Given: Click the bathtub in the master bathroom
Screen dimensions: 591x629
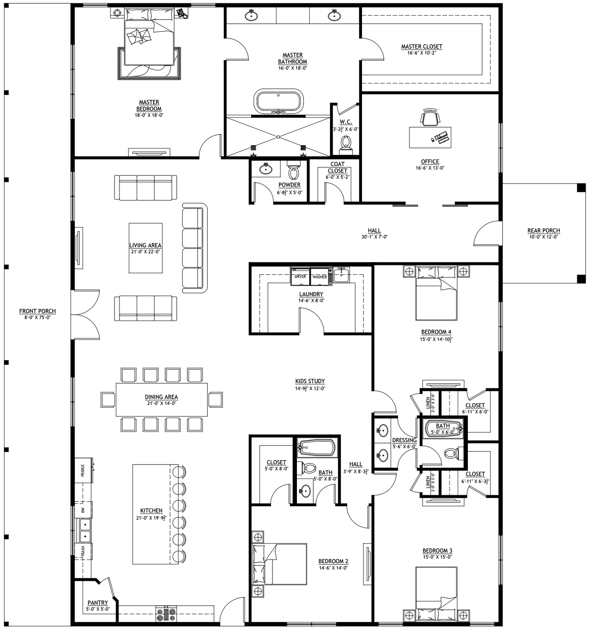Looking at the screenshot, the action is click(x=279, y=101).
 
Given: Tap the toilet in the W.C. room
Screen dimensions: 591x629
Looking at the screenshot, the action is click(x=346, y=144).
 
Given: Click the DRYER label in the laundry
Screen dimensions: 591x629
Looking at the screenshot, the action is click(x=300, y=277).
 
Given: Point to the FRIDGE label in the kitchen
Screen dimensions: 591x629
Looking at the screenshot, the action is click(x=83, y=470).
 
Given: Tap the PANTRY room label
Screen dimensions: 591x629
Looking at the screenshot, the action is click(x=98, y=602).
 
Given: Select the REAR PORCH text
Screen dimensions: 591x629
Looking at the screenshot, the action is click(x=544, y=231).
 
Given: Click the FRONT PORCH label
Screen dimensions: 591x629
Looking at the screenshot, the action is click(x=38, y=311).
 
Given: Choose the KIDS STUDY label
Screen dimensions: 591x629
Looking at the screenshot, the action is click(x=310, y=381).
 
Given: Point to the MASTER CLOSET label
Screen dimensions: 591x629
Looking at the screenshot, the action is click(x=422, y=47).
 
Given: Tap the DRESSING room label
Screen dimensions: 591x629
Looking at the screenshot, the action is click(x=404, y=440).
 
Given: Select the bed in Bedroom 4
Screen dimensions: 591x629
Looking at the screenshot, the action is click(x=436, y=293).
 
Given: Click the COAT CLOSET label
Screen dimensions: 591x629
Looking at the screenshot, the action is click(x=337, y=167).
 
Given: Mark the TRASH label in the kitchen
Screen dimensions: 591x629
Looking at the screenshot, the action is click(x=83, y=552).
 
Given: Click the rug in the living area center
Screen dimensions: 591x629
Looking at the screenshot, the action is click(x=146, y=248).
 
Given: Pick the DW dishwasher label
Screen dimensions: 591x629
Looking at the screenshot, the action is click(x=83, y=510).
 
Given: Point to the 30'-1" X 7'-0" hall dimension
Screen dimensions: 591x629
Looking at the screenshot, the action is click(x=374, y=237).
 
